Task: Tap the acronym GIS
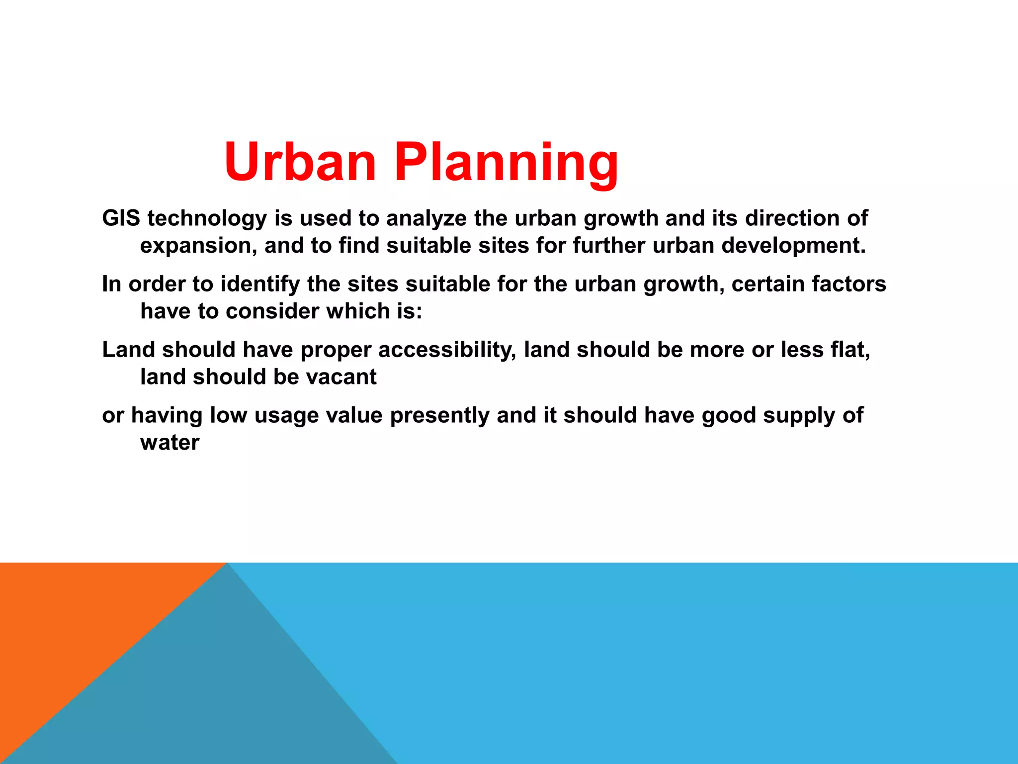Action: click(121, 218)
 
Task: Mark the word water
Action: click(170, 443)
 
